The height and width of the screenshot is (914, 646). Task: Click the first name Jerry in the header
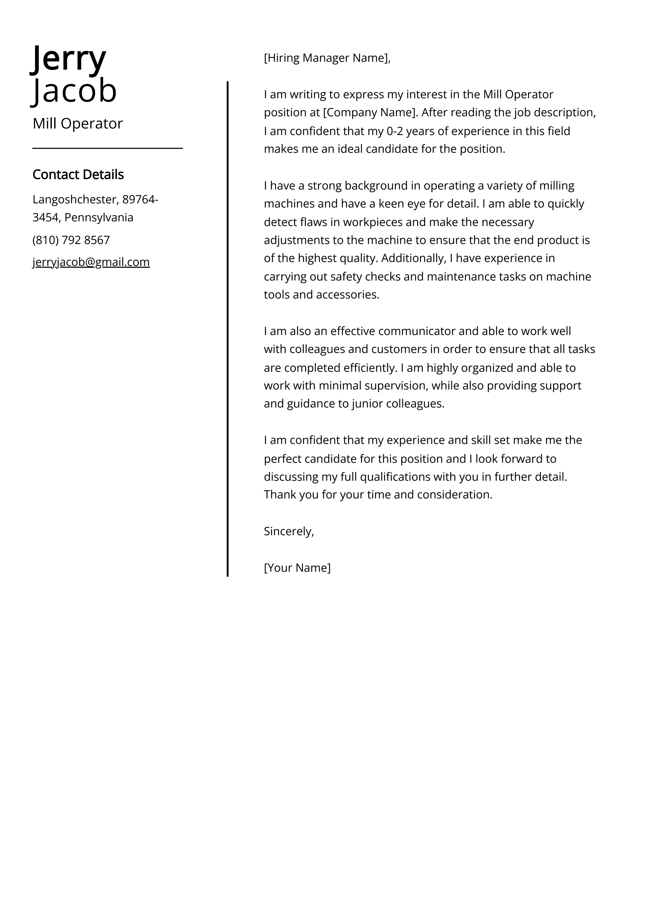click(69, 58)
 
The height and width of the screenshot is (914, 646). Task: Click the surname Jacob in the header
click(75, 91)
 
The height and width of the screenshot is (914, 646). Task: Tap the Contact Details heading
click(78, 174)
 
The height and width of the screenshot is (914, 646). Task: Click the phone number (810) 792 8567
click(71, 240)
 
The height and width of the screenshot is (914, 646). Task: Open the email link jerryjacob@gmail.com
click(91, 262)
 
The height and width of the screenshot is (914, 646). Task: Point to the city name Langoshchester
click(74, 199)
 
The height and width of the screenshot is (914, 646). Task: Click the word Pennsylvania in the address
click(99, 217)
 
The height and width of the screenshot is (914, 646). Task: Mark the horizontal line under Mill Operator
click(107, 148)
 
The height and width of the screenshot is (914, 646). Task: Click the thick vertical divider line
click(228, 329)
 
